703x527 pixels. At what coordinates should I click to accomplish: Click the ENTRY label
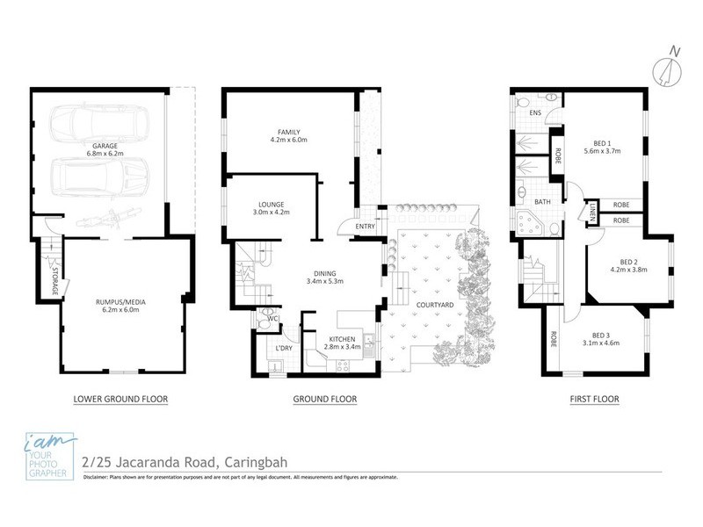tap(365, 227)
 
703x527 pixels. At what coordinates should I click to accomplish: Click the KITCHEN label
tap(341, 339)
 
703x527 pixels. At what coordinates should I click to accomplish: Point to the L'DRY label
tap(284, 349)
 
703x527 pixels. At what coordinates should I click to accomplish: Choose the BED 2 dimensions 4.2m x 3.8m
tap(627, 270)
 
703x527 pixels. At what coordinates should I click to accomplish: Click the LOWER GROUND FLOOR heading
tap(120, 399)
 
